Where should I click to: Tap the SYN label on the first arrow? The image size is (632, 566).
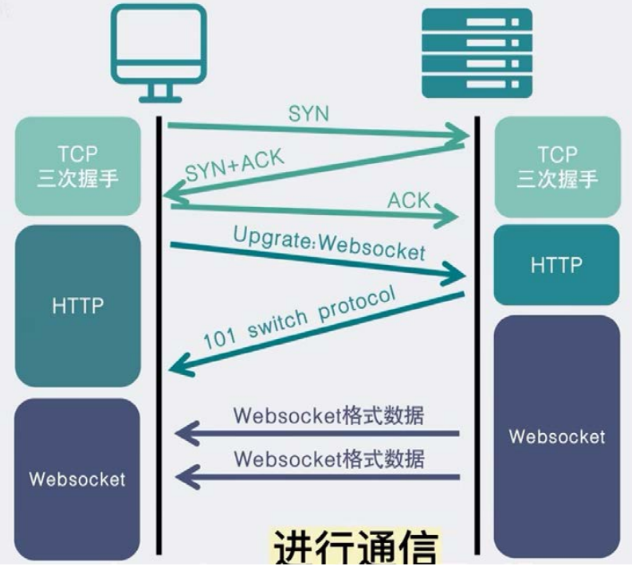click(x=308, y=113)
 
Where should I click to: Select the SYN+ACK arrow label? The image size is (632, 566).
click(x=234, y=165)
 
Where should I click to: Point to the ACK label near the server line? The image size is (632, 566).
click(x=409, y=200)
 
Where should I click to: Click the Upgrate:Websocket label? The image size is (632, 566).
click(x=328, y=244)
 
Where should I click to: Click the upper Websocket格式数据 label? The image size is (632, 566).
click(x=328, y=416)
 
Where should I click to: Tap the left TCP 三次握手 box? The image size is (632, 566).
click(x=77, y=166)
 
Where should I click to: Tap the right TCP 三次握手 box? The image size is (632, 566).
click(x=556, y=166)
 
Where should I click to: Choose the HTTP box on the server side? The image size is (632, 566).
click(x=556, y=264)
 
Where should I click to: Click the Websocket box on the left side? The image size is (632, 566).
click(x=77, y=478)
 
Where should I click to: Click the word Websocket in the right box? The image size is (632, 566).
click(x=556, y=436)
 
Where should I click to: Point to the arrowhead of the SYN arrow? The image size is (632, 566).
click(x=460, y=137)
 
